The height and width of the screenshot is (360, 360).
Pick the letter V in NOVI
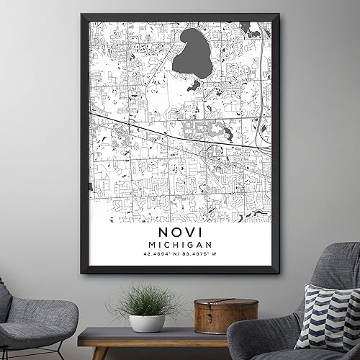click(x=191, y=236)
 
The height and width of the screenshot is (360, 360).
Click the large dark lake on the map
click(x=191, y=52)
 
